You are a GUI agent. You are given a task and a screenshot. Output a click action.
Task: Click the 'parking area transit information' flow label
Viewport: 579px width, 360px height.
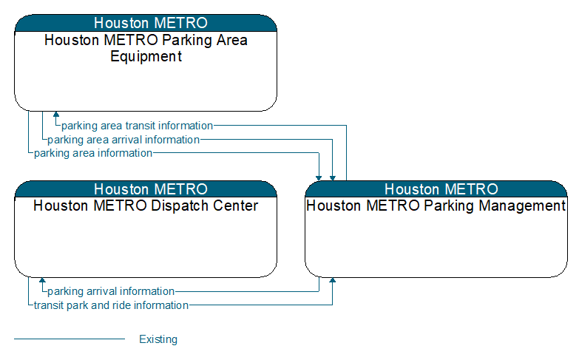click(137, 126)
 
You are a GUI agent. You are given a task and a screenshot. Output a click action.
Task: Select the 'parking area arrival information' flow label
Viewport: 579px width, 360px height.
click(123, 140)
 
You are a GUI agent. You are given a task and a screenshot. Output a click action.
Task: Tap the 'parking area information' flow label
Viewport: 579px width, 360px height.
click(93, 153)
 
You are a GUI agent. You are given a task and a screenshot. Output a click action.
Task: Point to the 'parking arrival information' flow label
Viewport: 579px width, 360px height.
click(111, 291)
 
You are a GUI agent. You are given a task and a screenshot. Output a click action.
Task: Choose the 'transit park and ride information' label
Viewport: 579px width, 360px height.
click(111, 305)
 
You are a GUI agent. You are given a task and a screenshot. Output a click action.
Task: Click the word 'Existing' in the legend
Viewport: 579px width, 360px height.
click(158, 339)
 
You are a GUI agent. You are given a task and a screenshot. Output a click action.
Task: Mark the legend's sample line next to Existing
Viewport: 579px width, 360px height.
click(70, 339)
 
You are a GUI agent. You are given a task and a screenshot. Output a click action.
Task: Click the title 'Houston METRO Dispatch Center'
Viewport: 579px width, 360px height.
click(146, 206)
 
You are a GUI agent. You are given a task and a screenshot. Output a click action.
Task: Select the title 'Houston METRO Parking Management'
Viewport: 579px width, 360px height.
click(436, 206)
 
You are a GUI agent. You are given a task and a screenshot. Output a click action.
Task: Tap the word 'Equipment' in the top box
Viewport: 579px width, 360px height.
click(146, 56)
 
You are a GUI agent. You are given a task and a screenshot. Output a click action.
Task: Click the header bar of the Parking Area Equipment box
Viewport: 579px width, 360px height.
click(146, 23)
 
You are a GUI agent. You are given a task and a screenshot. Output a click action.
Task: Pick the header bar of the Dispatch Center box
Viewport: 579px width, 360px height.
click(146, 189)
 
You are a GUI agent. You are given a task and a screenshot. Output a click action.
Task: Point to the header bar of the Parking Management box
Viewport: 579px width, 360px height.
click(436, 189)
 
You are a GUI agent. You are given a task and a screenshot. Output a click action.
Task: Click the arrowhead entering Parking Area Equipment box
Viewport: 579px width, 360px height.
click(56, 114)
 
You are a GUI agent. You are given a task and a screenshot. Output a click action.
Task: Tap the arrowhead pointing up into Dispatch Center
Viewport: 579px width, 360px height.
click(42, 280)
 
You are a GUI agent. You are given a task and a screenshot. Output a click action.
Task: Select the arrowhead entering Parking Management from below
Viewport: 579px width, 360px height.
click(332, 280)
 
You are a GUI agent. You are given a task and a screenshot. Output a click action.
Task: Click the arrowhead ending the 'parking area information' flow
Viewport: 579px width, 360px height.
click(319, 178)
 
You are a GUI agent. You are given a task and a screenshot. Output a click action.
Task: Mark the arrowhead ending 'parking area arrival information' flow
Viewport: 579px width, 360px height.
click(332, 178)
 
